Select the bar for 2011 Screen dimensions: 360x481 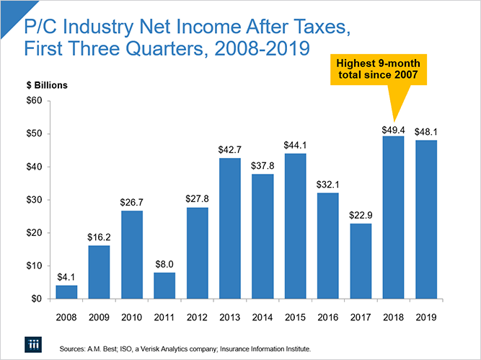(164, 285)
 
